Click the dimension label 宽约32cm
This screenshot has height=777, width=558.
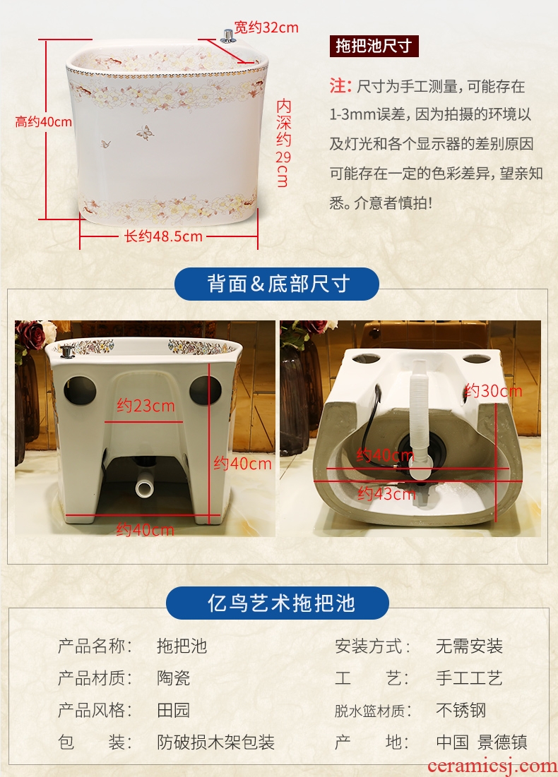coord(266,27)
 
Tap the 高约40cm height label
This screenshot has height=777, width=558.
coord(44,122)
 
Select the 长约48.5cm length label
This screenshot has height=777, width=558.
coord(163,236)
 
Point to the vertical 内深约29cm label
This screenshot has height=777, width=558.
coord(283,143)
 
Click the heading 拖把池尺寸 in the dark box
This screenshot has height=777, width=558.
coord(374,46)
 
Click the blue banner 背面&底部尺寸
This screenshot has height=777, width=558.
coord(277,284)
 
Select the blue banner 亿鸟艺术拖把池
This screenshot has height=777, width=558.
coord(278,603)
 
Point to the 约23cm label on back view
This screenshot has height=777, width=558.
coord(146,406)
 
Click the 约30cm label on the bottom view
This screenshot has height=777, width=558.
coord(493,391)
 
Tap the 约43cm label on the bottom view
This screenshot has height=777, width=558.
coord(386,493)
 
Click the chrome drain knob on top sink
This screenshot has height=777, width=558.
coord(228,36)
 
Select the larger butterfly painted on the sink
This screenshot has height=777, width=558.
coord(145,132)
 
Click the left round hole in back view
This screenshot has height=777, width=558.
coord(81,390)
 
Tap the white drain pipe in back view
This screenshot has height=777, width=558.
coord(145,487)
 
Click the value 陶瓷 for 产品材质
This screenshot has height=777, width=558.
coord(174,678)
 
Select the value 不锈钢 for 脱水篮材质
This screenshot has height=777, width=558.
coord(461,710)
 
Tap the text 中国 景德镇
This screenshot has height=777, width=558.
coord(482,742)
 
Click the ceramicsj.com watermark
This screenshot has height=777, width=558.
coord(492,766)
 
